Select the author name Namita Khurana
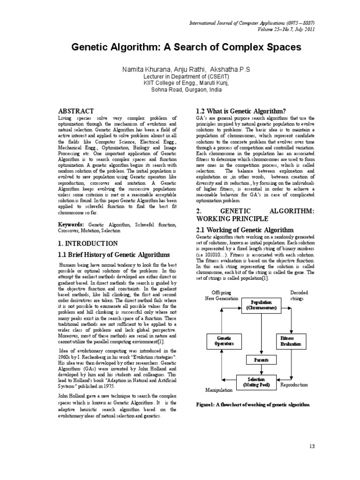tap(142, 69)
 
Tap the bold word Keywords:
tap(71, 225)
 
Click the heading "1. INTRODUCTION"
tap(87, 243)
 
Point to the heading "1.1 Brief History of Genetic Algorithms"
tap(113, 255)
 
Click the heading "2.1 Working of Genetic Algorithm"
tap(244, 230)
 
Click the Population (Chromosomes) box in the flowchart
tap(261, 305)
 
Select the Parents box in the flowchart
tap(261, 360)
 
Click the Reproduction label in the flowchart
tap(294, 384)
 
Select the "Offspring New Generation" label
tap(222, 295)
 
